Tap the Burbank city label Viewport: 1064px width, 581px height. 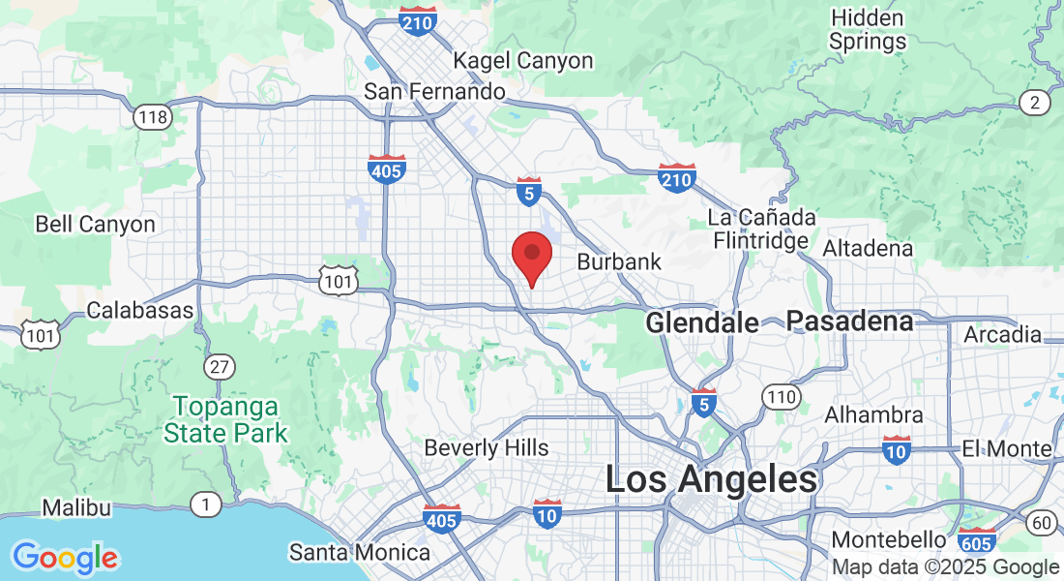[x=619, y=261]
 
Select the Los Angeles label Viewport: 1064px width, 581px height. [x=712, y=479]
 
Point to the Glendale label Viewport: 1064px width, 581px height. [x=702, y=323]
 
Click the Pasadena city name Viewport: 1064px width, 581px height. [x=850, y=321]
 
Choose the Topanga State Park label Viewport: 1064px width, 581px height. [x=226, y=418]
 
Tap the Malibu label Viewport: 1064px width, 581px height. [x=76, y=507]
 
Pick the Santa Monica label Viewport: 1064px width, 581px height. [x=360, y=553]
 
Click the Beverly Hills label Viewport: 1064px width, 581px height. [x=487, y=448]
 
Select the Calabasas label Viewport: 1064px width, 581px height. [x=140, y=311]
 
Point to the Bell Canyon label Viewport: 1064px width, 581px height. [x=95, y=225]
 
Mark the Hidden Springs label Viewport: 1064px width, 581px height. [x=868, y=30]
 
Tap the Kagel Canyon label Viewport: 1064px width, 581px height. [x=523, y=61]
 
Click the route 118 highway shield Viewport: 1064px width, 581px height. [x=153, y=118]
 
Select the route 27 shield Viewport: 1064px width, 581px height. [x=219, y=367]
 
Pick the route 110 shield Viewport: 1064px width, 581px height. [x=780, y=396]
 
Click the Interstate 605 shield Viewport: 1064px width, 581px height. [x=977, y=541]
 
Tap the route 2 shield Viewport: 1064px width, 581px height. [x=1035, y=103]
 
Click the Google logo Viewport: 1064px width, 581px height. [x=65, y=558]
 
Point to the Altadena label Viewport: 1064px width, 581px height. [x=868, y=249]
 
